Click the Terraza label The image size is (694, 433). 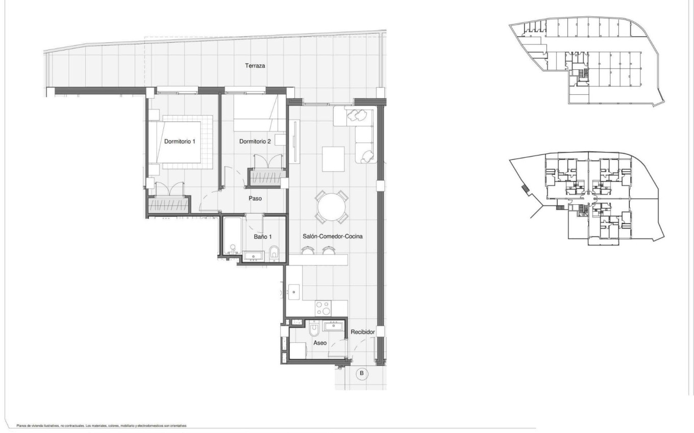coord(255,66)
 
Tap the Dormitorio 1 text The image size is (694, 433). coord(180,141)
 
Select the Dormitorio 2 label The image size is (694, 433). coord(255,141)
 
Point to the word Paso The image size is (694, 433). coord(255,198)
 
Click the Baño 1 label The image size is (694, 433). coord(263,236)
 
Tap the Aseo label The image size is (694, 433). coord(320,343)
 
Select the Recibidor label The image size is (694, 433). coord(363,332)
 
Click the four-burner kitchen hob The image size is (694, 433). coord(324,308)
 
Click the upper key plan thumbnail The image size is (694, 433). coord(587,61)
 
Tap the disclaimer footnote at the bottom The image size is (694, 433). coord(102,425)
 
